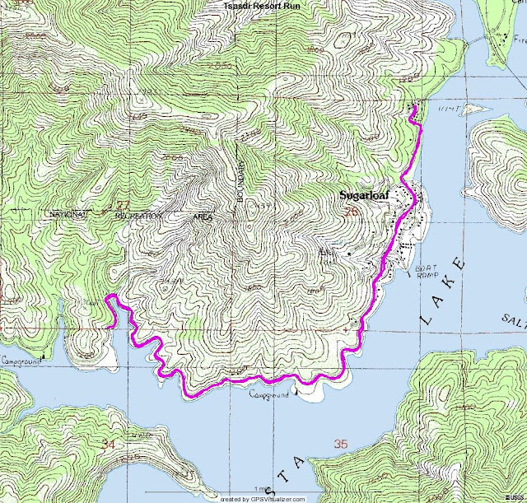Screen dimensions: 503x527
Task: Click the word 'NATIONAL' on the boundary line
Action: coord(68,214)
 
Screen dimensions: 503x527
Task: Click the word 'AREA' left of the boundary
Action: coord(202,217)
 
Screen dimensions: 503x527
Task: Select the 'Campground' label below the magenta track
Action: coord(270,396)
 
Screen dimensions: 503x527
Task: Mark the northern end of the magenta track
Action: coord(413,107)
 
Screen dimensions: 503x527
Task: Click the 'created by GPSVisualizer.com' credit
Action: coord(263,498)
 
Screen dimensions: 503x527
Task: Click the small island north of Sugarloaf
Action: coord(470,108)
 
